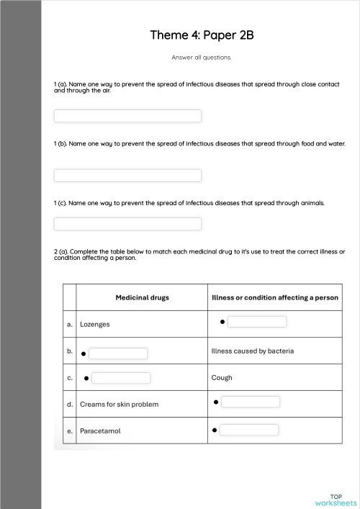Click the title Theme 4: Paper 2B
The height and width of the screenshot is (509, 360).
pyautogui.click(x=202, y=35)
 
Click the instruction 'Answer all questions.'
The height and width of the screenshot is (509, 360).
pyautogui.click(x=202, y=57)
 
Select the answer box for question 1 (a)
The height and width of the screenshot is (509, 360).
pyautogui.click(x=127, y=116)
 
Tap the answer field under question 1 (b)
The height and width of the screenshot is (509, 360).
pyautogui.click(x=127, y=176)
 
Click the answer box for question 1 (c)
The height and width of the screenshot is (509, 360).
pyautogui.click(x=127, y=224)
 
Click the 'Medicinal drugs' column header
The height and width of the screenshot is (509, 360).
pyautogui.click(x=142, y=297)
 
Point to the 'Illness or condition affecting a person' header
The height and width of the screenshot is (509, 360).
pyautogui.click(x=275, y=297)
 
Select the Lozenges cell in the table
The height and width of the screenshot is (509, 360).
pyautogui.click(x=95, y=325)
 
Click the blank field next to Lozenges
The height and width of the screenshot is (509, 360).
pyautogui.click(x=257, y=322)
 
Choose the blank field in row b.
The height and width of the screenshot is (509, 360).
pyautogui.click(x=118, y=353)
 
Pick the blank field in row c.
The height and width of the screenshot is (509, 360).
pyautogui.click(x=121, y=378)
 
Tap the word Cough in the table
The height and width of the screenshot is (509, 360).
pyautogui.click(x=222, y=377)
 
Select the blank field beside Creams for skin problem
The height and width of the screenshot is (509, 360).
pyautogui.click(x=251, y=402)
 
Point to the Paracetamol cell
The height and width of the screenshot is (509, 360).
pyautogui.click(x=100, y=431)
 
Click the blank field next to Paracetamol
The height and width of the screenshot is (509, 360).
pyautogui.click(x=249, y=430)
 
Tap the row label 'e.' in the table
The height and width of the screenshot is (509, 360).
pyautogui.click(x=70, y=431)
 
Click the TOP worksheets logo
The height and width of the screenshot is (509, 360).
pyautogui.click(x=336, y=500)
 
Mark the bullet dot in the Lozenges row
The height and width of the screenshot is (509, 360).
pyautogui.click(x=222, y=322)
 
